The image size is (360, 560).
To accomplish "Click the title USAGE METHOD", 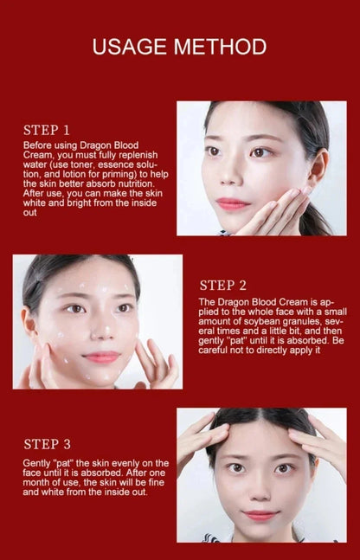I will click(x=180, y=46).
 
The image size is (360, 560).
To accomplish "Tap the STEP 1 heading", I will click(x=46, y=130).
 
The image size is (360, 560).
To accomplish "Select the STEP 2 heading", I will click(x=223, y=285).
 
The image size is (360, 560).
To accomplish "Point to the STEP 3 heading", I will click(x=48, y=444).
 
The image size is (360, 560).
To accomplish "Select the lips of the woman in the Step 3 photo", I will click(x=260, y=514).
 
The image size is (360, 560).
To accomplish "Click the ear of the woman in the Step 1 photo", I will click(x=318, y=167).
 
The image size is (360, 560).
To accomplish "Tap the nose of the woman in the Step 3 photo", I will click(x=260, y=490).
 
